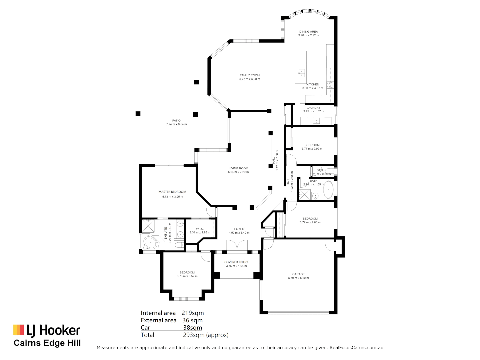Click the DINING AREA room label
tap(308, 32)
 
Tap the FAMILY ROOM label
tap(250, 75)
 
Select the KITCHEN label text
tap(313, 84)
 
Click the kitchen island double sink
tap(301, 73)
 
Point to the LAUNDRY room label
tap(313, 108)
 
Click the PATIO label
tap(176, 121)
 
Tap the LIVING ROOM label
tap(238, 168)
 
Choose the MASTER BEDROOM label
tap(172, 192)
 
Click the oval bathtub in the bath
tap(328, 190)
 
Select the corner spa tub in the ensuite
tap(150, 243)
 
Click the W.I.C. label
tap(200, 229)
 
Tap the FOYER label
tap(239, 229)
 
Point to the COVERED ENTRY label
tap(236, 262)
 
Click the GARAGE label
tap(298, 274)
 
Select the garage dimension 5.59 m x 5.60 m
tap(298, 278)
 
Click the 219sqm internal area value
tap(193, 313)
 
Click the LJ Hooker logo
tap(47, 330)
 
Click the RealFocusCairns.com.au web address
tap(356, 348)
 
